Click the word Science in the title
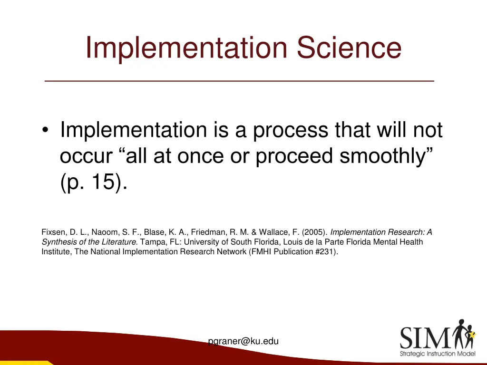[x=349, y=48]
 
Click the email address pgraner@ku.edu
[x=243, y=341]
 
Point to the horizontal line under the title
[x=239, y=81]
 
